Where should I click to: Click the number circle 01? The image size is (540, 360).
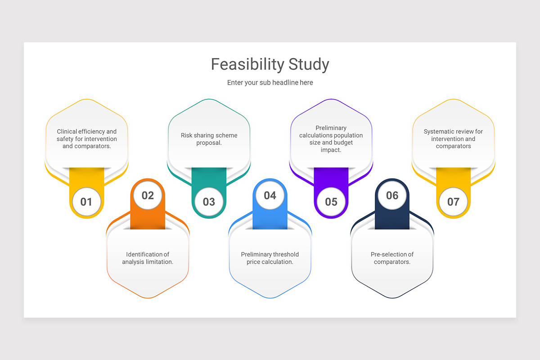(x=86, y=202)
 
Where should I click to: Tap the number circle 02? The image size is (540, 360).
(x=148, y=195)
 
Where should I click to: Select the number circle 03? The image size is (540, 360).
(x=209, y=202)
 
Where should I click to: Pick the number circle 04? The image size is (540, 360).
(x=270, y=195)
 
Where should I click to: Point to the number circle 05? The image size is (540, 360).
(x=331, y=202)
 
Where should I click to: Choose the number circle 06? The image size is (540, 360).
(x=392, y=195)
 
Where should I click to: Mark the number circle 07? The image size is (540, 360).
(x=453, y=202)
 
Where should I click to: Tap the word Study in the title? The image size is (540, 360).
(x=309, y=64)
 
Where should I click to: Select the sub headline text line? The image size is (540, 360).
(x=270, y=82)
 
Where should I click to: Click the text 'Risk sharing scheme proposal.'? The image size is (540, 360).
(x=209, y=139)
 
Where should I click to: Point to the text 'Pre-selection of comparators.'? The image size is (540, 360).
(x=392, y=258)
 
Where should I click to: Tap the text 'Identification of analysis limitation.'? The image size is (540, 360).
(x=148, y=258)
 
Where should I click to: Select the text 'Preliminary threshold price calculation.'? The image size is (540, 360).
(x=270, y=258)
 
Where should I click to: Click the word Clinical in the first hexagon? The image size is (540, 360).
(x=67, y=132)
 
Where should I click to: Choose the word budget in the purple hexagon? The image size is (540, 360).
(x=343, y=143)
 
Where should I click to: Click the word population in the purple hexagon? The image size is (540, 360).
(x=348, y=135)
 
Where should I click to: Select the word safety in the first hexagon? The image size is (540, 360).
(x=65, y=139)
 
